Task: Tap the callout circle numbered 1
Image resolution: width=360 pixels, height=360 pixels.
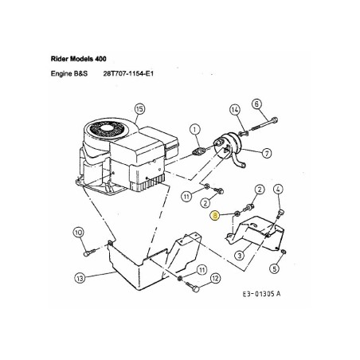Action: tap(194, 128)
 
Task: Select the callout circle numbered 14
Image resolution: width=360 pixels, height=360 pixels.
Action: tap(235, 109)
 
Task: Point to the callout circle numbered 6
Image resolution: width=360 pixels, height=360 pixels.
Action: tap(256, 103)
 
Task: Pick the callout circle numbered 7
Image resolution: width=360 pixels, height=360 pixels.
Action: tap(268, 152)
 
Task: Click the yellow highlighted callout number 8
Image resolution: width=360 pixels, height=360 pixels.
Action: tap(214, 214)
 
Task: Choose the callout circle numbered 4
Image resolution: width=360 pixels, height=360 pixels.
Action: tap(279, 189)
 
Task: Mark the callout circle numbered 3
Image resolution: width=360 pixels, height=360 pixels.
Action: tap(239, 255)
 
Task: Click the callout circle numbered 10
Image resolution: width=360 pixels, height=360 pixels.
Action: tap(79, 233)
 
